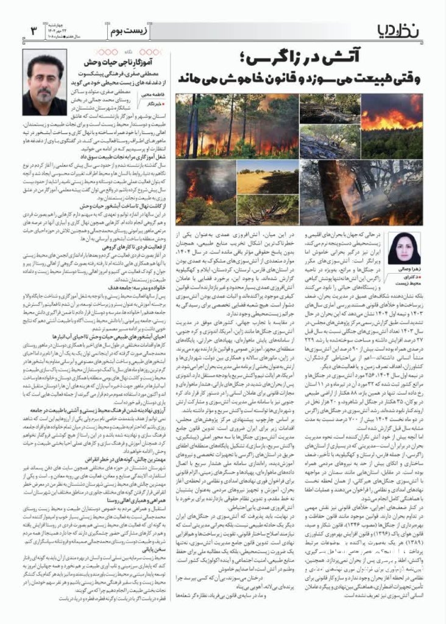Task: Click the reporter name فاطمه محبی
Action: click(x=153, y=94)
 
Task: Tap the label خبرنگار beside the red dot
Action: click(x=150, y=104)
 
